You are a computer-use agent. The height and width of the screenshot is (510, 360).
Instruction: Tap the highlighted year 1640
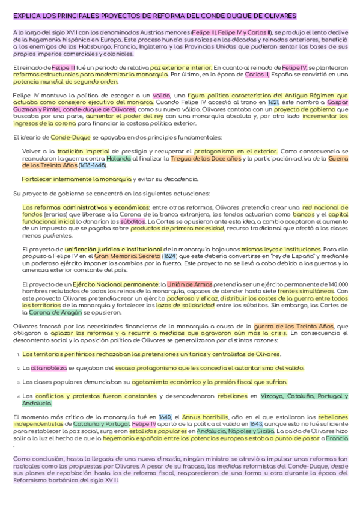point(166,417)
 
